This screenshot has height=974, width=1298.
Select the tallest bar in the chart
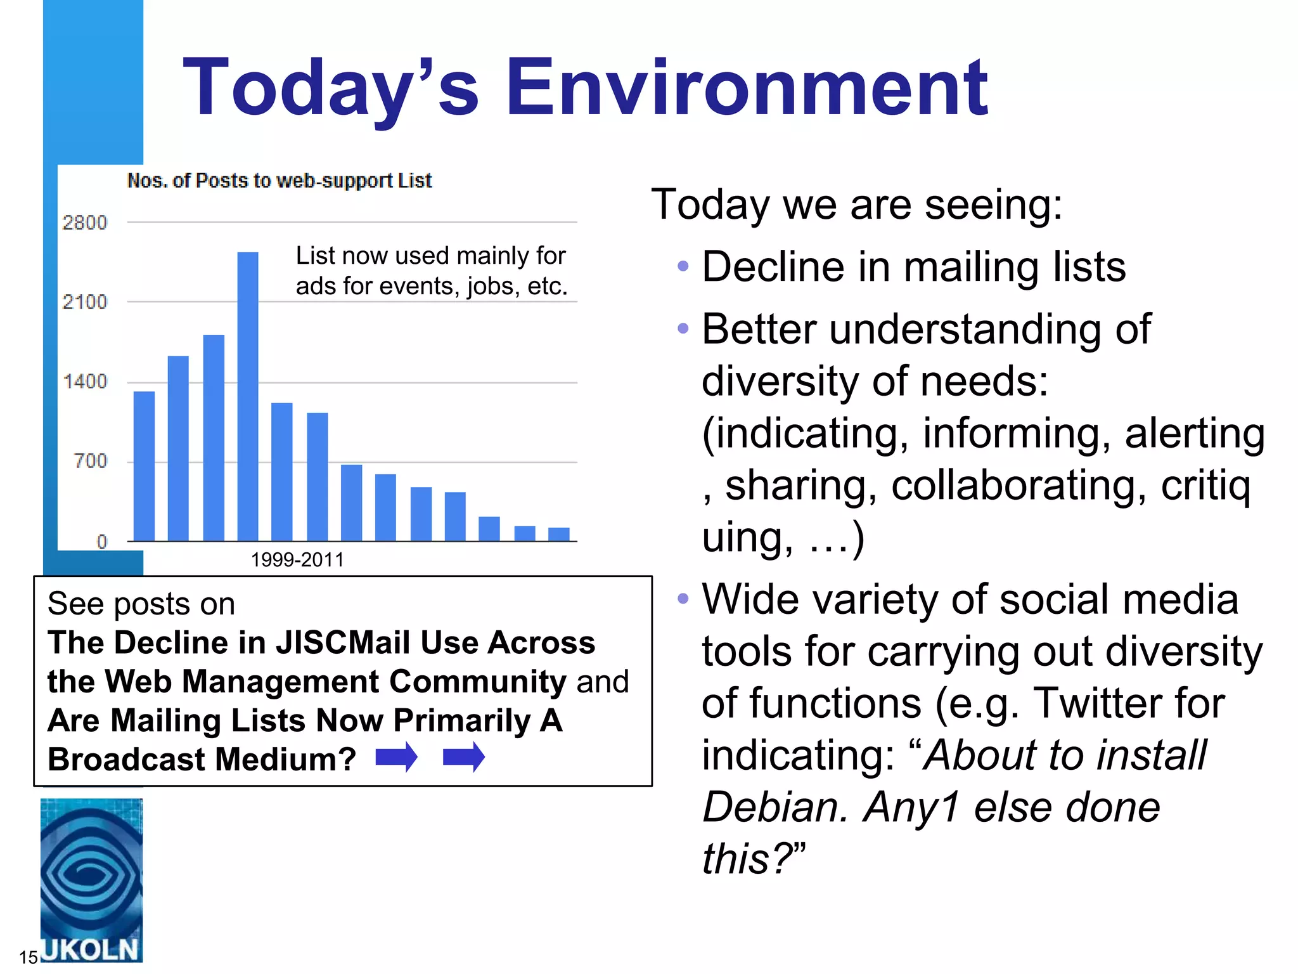pyautogui.click(x=248, y=396)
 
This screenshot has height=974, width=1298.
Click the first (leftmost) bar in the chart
pyautogui.click(x=145, y=466)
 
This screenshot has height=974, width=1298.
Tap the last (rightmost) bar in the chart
pyautogui.click(x=558, y=534)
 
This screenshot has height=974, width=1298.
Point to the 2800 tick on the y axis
pyautogui.click(x=85, y=223)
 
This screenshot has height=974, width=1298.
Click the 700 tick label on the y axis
pyautogui.click(x=91, y=460)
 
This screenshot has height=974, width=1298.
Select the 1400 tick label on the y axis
pyautogui.click(x=85, y=381)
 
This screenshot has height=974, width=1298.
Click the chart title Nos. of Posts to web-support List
pyautogui.click(x=279, y=181)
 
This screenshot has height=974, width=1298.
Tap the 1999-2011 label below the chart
pyautogui.click(x=297, y=560)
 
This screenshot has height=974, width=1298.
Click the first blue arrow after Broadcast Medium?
pyautogui.click(x=396, y=757)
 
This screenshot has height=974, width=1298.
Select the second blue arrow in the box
pyautogui.click(x=463, y=757)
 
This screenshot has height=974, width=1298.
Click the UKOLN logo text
pyautogui.click(x=91, y=949)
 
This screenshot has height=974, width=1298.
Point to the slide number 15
pyautogui.click(x=29, y=957)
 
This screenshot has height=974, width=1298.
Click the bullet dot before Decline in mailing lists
pyautogui.click(x=683, y=266)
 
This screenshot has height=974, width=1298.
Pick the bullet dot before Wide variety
pyautogui.click(x=683, y=598)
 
